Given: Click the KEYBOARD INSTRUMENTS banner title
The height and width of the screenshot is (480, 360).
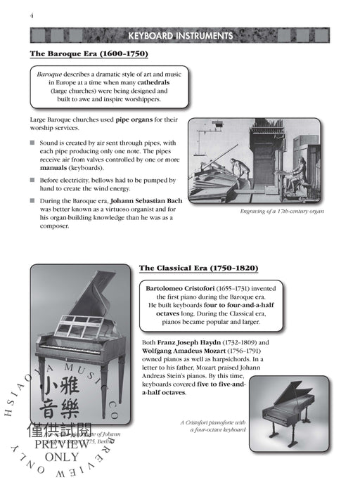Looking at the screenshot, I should pyautogui.click(x=179, y=36).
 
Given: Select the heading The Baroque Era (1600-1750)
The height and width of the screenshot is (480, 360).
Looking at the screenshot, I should pyautogui.click(x=89, y=54).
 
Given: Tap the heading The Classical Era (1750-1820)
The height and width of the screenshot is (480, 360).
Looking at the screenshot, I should pyautogui.click(x=188, y=268).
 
